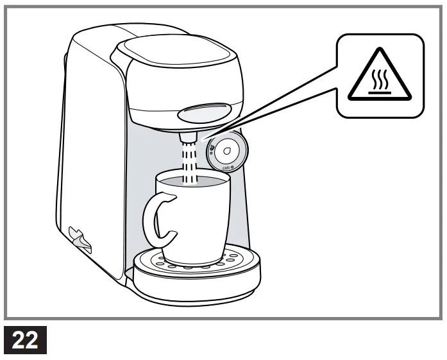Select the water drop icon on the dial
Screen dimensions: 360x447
click(x=226, y=151)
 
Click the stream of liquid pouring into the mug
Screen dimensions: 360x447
click(x=189, y=160)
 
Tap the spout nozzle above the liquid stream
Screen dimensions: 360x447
click(x=188, y=137)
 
